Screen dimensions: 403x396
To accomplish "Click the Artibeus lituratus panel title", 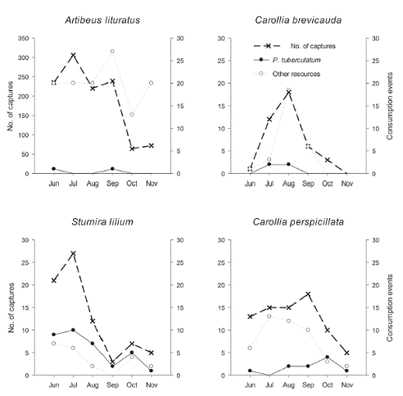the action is click(x=102, y=20).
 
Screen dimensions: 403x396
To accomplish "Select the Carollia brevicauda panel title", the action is click(x=298, y=20).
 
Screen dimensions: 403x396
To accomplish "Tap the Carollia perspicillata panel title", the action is click(x=298, y=222).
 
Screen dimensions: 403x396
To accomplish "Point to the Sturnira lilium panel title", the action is click(x=102, y=221).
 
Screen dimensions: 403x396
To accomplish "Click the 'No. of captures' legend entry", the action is click(x=295, y=46).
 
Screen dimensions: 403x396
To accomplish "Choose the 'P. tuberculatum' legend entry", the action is click(x=288, y=60).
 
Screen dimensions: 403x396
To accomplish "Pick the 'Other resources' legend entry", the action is click(x=288, y=74).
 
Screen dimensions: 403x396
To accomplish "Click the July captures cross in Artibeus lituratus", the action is click(x=73, y=55).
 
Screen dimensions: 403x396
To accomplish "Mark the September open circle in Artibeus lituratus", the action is click(x=112, y=52).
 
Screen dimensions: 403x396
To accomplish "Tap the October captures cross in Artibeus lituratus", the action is click(x=132, y=148).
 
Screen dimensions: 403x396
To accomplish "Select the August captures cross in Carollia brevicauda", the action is click(x=288, y=93).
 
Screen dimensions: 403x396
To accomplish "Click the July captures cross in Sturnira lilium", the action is click(x=73, y=253).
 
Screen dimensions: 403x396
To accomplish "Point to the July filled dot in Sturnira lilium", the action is click(x=73, y=330).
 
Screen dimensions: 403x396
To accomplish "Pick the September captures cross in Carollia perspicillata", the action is click(x=308, y=294).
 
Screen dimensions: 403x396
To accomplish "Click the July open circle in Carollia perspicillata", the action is click(x=269, y=316).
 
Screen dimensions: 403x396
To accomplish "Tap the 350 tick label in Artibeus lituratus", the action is click(x=23, y=39).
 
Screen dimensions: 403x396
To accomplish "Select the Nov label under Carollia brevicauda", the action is click(x=347, y=184).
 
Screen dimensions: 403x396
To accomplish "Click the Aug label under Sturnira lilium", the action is click(x=93, y=385).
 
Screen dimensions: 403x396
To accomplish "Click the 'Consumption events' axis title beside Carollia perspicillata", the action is click(x=390, y=307).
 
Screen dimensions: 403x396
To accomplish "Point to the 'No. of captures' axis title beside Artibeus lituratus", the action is click(x=11, y=106).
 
